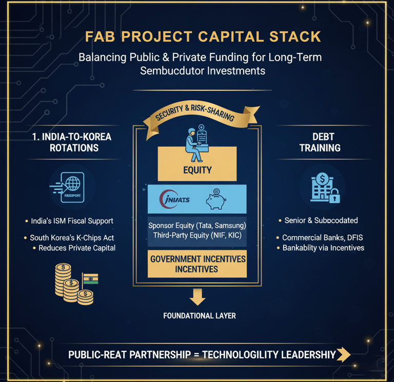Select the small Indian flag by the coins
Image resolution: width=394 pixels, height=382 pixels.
(x=90, y=279)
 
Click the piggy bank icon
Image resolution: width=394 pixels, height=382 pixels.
(x=216, y=199)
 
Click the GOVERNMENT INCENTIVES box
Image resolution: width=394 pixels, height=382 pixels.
(x=198, y=264)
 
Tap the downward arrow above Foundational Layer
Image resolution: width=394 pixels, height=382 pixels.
(x=198, y=296)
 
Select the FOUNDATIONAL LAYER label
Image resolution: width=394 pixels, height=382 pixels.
(x=200, y=316)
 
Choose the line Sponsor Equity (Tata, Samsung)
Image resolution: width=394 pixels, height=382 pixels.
(x=197, y=225)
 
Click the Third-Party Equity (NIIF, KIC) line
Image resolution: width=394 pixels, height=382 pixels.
(x=197, y=235)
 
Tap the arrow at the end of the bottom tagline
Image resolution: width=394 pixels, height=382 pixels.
(x=344, y=354)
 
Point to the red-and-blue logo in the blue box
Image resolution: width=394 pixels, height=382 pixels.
(x=174, y=199)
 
